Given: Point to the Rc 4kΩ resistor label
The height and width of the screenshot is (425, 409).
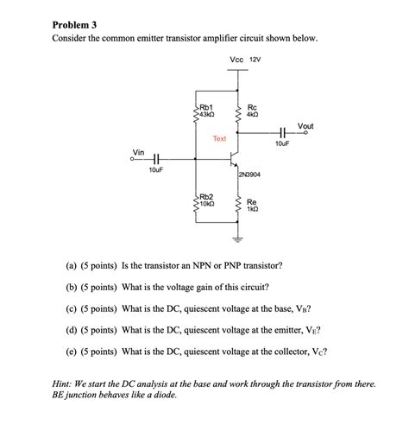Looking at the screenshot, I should (x=252, y=110).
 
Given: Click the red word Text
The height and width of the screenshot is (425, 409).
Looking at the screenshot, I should (x=219, y=138).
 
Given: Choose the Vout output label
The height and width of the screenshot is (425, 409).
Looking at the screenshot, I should (x=305, y=126).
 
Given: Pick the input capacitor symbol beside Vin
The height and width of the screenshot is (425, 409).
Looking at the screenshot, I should (x=156, y=158).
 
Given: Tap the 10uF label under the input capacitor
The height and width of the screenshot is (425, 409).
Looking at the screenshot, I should (x=155, y=171).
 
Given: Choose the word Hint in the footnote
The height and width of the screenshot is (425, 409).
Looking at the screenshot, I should (x=65, y=381).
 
